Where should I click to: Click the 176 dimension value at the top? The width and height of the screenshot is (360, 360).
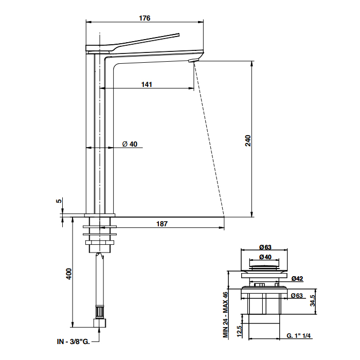coord(145,18)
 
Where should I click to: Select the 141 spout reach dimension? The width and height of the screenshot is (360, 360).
coord(147,84)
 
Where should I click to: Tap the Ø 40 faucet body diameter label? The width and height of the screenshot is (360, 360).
coord(130,144)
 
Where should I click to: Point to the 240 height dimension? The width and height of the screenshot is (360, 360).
coord(248,141)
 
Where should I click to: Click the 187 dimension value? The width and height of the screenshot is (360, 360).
coord(162,224)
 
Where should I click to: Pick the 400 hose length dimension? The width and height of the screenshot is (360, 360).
coord(69,274)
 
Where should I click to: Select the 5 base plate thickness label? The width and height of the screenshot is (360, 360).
coord(59,201)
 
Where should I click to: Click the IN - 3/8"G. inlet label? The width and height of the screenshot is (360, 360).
coord(74,341)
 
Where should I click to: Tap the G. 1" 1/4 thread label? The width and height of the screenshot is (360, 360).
coord(298,336)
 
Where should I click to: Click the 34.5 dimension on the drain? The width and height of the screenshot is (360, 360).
coord(313,300)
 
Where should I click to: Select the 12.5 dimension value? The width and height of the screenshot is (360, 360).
coord(239,332)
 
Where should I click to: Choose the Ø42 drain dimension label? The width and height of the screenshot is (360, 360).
coord(297,279)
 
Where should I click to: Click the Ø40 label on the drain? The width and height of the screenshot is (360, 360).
coord(265,257)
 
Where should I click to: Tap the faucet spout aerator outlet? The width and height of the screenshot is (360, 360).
coord(192,61)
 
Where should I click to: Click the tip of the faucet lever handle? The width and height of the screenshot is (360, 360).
coord(178,34)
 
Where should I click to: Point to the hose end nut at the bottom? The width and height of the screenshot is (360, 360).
coord(100,323)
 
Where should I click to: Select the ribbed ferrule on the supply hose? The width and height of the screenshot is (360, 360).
coord(100,312)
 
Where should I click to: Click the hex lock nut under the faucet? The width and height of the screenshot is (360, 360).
coord(100,242)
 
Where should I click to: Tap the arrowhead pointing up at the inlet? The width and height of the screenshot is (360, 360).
coord(100,330)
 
